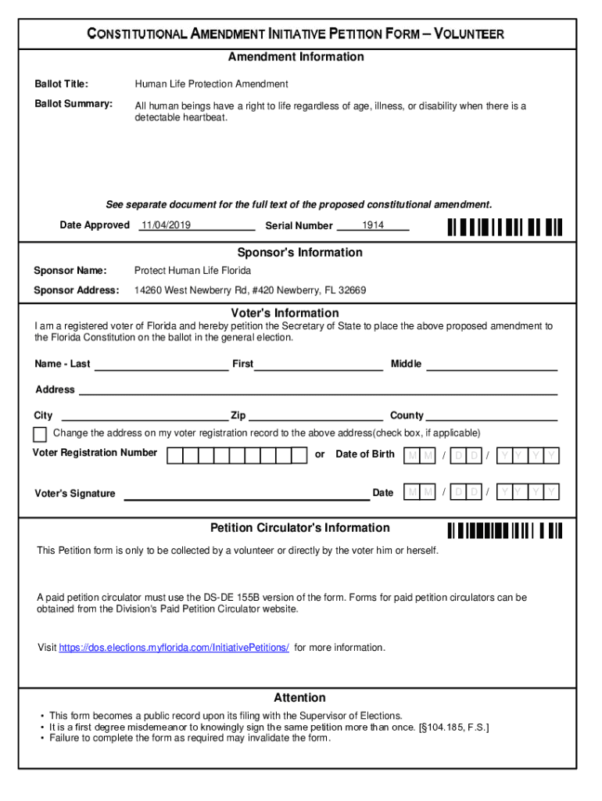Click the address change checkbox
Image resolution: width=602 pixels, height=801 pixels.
point(40,435)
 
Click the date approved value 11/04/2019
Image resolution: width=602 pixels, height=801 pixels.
point(166,225)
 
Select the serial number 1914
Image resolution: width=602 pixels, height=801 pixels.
point(373,225)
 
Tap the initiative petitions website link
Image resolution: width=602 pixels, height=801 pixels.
point(174,648)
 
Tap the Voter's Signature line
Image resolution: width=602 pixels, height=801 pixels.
point(247,495)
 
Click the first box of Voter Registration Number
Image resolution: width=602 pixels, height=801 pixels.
point(175,455)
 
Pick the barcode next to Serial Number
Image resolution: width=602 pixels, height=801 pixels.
point(504,227)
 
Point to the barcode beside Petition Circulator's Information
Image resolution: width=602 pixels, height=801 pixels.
point(504,531)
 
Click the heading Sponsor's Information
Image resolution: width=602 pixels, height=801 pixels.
point(300,253)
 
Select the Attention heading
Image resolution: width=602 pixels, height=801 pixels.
point(299,698)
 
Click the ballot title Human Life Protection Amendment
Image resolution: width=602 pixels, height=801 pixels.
point(211,84)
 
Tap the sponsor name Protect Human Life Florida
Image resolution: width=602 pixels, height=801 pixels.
point(193,271)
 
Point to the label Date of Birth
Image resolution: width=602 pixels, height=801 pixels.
point(365,454)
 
